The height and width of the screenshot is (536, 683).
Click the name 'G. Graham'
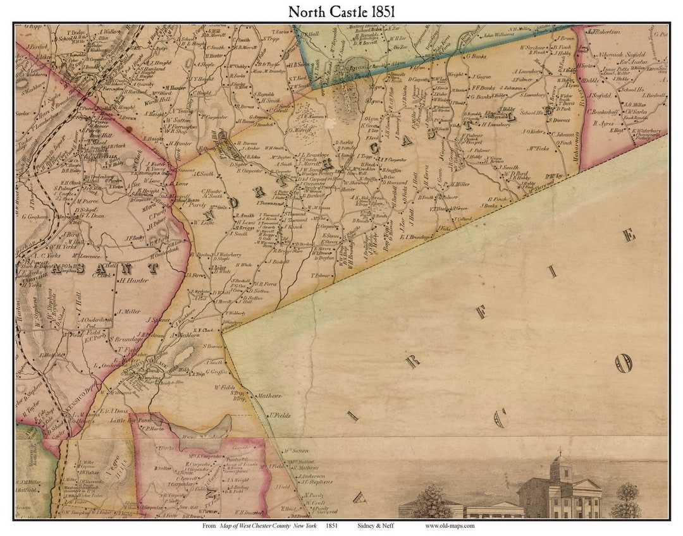[x=37, y=216]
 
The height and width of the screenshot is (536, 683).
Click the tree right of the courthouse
[x=625, y=499]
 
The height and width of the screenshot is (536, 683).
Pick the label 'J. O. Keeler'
[x=534, y=132]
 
